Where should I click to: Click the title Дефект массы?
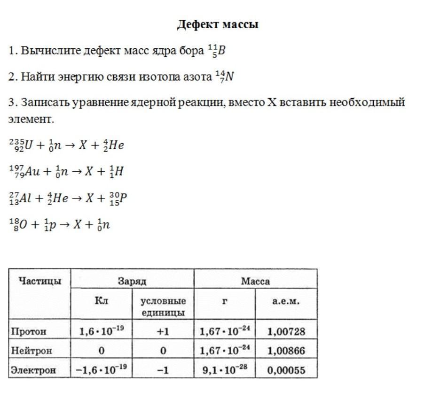218,24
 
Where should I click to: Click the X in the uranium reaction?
83,146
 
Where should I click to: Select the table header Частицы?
39,281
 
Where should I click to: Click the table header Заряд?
132,281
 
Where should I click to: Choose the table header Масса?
255,281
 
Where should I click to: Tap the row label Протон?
29,331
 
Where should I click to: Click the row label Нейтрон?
31,351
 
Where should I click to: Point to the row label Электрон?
33,370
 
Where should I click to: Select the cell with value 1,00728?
286,331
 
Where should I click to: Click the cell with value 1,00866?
286,351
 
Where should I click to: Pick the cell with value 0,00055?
286,370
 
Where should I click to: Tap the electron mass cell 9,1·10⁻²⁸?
225,370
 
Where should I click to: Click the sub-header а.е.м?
286,301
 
